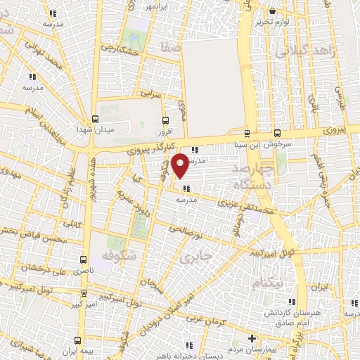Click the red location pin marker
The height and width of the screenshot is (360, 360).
coord(180,165)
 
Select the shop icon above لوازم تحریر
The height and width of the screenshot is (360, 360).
coord(273,11)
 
